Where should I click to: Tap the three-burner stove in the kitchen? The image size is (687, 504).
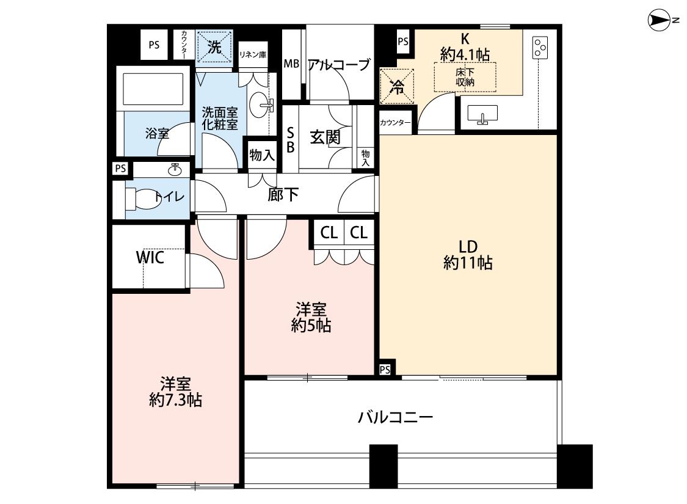click(x=540, y=48)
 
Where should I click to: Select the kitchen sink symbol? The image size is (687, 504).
click(x=482, y=114)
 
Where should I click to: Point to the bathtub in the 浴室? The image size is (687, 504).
click(x=153, y=89)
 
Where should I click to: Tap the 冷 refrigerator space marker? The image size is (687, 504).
click(x=397, y=86)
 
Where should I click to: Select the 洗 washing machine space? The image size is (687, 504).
click(x=214, y=47)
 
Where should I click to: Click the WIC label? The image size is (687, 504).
click(x=150, y=257)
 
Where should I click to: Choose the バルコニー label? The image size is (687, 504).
click(x=396, y=417)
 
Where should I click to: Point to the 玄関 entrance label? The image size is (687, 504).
click(x=325, y=137)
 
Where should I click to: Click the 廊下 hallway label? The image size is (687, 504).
click(x=283, y=195)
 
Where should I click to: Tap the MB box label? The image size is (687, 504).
click(x=291, y=64)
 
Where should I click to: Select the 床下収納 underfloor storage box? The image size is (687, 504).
click(x=465, y=77)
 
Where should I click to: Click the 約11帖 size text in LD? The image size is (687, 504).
click(x=468, y=263)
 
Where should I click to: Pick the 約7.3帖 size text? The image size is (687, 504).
click(x=175, y=400)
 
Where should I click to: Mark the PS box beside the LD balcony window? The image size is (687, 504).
click(x=385, y=369)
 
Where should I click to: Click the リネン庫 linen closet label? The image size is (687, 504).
click(x=253, y=55)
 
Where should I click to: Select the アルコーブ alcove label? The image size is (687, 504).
click(x=340, y=65)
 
